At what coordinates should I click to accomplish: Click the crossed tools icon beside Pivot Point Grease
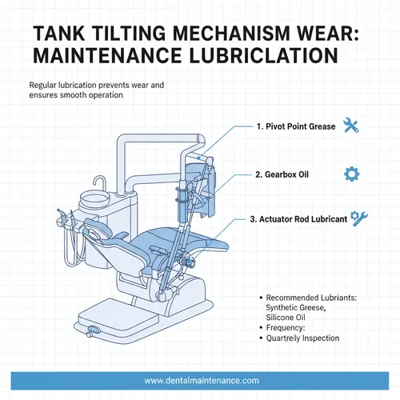click(x=350, y=125)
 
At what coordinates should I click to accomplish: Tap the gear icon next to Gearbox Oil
click(x=350, y=174)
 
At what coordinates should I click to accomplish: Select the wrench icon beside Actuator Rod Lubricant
click(x=360, y=218)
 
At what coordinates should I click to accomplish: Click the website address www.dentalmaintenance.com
click(x=200, y=381)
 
